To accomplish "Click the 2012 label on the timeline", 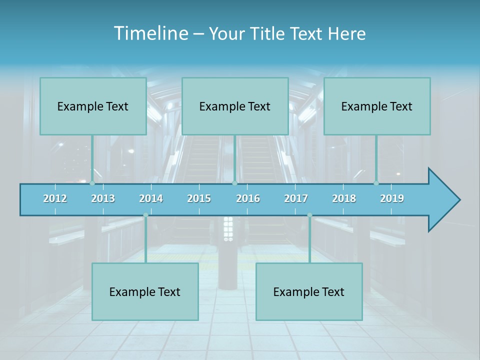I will point(55,198).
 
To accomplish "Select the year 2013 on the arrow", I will point(103,198).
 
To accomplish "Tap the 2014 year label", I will point(151,198).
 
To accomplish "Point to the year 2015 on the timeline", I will point(199,198).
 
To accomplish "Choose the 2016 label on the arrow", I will point(248,198).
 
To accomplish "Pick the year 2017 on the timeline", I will point(296,198).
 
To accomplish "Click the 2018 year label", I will point(344,198).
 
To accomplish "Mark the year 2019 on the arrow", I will point(392,198).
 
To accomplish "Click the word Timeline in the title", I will point(150,33).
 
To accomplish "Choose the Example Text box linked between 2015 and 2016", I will point(235,106).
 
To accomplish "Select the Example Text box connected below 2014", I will point(145,291).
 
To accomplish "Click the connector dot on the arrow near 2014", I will point(145,215).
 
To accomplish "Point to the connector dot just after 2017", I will point(309,215).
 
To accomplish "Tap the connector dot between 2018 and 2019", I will point(376,183).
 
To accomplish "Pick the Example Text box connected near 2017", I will point(309,291).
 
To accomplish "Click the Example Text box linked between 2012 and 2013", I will point(93,106).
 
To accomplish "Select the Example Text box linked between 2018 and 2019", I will point(377,106).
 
